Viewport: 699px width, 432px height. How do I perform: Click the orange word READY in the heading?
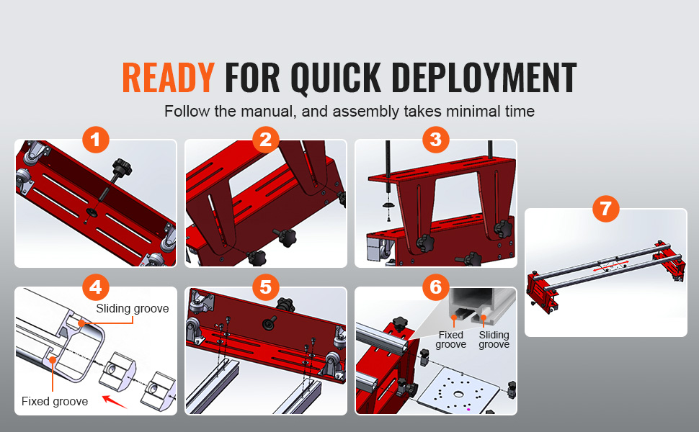click(x=168, y=78)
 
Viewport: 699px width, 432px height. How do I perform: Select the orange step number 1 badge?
click(x=95, y=140)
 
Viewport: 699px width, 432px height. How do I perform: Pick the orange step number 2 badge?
click(x=266, y=140)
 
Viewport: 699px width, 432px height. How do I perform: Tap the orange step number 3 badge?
click(x=435, y=140)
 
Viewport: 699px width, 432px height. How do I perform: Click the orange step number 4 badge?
click(x=95, y=287)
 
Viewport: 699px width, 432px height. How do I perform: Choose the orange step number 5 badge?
click(x=266, y=287)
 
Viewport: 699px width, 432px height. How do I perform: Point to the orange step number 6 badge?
click(x=435, y=287)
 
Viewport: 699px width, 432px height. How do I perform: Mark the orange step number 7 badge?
click(x=606, y=208)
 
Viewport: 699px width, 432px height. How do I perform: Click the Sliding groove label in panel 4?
click(x=133, y=309)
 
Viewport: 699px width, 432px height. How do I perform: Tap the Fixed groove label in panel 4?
click(x=54, y=401)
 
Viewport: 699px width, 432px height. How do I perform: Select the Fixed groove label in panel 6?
click(x=450, y=339)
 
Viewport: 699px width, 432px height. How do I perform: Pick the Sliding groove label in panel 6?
click(x=494, y=339)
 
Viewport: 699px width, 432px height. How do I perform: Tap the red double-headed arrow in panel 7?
click(x=611, y=266)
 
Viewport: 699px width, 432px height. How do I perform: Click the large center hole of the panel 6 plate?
click(x=458, y=394)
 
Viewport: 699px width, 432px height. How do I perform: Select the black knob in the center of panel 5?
click(x=269, y=322)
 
